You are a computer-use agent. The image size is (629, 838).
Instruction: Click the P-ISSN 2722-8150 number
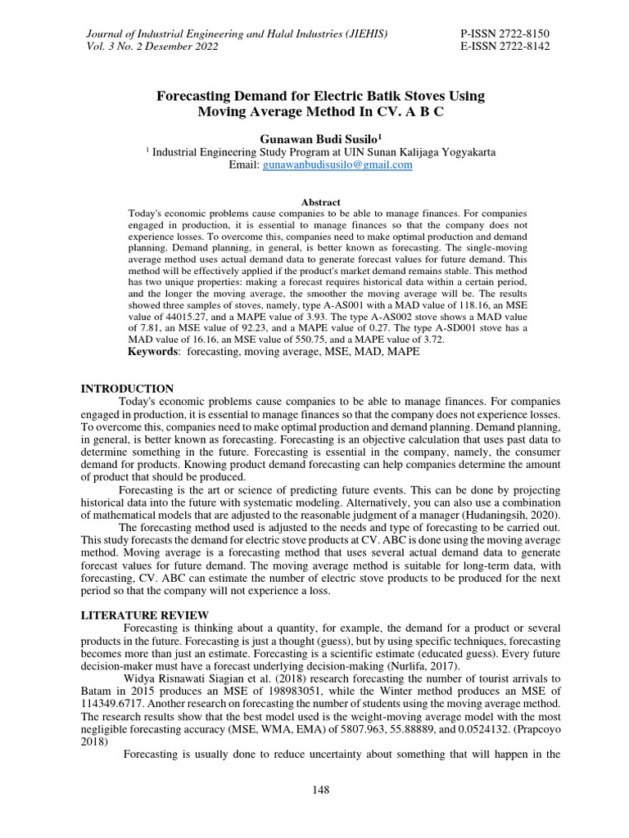506,33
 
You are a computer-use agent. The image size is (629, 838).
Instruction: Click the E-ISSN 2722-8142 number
506,47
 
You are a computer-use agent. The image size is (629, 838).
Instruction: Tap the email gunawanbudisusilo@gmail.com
337,164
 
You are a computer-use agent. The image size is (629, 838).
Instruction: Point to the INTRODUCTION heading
126,389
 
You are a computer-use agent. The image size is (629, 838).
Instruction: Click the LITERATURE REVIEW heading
144,615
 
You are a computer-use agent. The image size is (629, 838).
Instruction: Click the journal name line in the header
237,33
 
